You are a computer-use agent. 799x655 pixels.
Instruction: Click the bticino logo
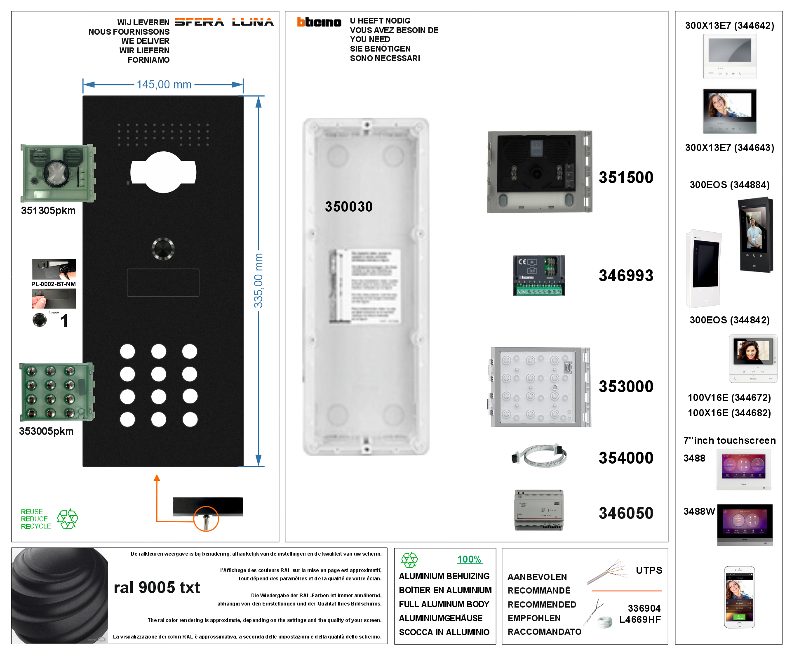coord(319,22)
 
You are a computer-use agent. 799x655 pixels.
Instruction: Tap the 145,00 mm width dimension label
coord(164,85)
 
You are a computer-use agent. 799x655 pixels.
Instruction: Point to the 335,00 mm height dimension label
coord(258,280)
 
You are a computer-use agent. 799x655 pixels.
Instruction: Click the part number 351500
coord(626,177)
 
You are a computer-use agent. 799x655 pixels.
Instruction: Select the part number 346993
coord(626,276)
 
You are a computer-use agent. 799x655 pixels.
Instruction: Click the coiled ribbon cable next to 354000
coord(539,456)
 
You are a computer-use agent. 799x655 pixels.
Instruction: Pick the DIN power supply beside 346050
coord(539,510)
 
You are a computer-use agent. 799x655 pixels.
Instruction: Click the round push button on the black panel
coord(163,249)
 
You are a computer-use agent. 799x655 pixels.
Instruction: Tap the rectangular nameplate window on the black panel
coord(163,283)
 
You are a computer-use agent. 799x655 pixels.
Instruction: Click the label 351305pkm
coord(48,211)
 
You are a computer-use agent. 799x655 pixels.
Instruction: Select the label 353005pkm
coord(46,431)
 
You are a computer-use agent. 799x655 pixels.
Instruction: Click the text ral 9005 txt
coord(157,587)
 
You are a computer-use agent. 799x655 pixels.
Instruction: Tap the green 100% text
coord(469,559)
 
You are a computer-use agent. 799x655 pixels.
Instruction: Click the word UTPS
coord(649,570)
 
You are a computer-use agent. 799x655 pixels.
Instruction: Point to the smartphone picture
coord(740,597)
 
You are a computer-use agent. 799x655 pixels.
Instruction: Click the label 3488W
coord(699,511)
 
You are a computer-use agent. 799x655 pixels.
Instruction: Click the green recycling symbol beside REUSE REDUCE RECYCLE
coord(67,519)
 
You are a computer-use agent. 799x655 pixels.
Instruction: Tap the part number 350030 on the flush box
coord(349,207)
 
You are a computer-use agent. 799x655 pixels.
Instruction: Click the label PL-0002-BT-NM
coord(54,284)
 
